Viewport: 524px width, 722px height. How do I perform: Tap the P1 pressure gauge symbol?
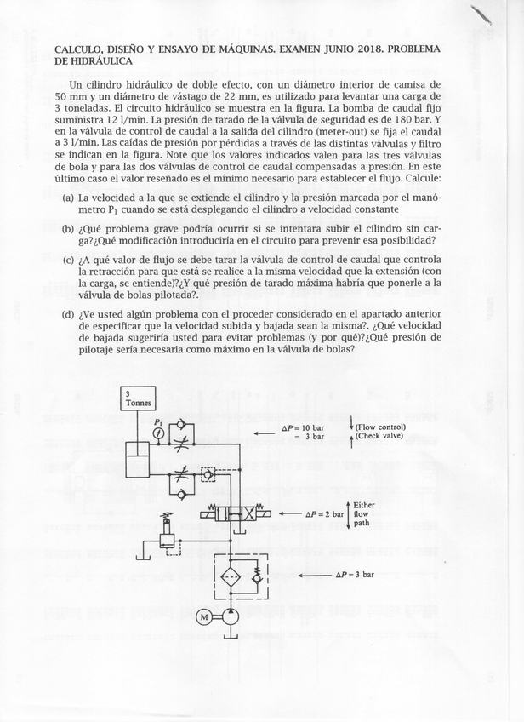point(158,433)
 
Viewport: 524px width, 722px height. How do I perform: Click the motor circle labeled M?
point(205,616)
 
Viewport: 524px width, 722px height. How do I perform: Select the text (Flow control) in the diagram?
point(381,427)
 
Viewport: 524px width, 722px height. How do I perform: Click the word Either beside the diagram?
point(364,505)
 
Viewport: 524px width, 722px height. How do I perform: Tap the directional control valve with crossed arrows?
point(235,514)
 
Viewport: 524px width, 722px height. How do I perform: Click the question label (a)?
point(67,197)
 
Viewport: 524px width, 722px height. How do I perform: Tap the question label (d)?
point(67,313)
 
